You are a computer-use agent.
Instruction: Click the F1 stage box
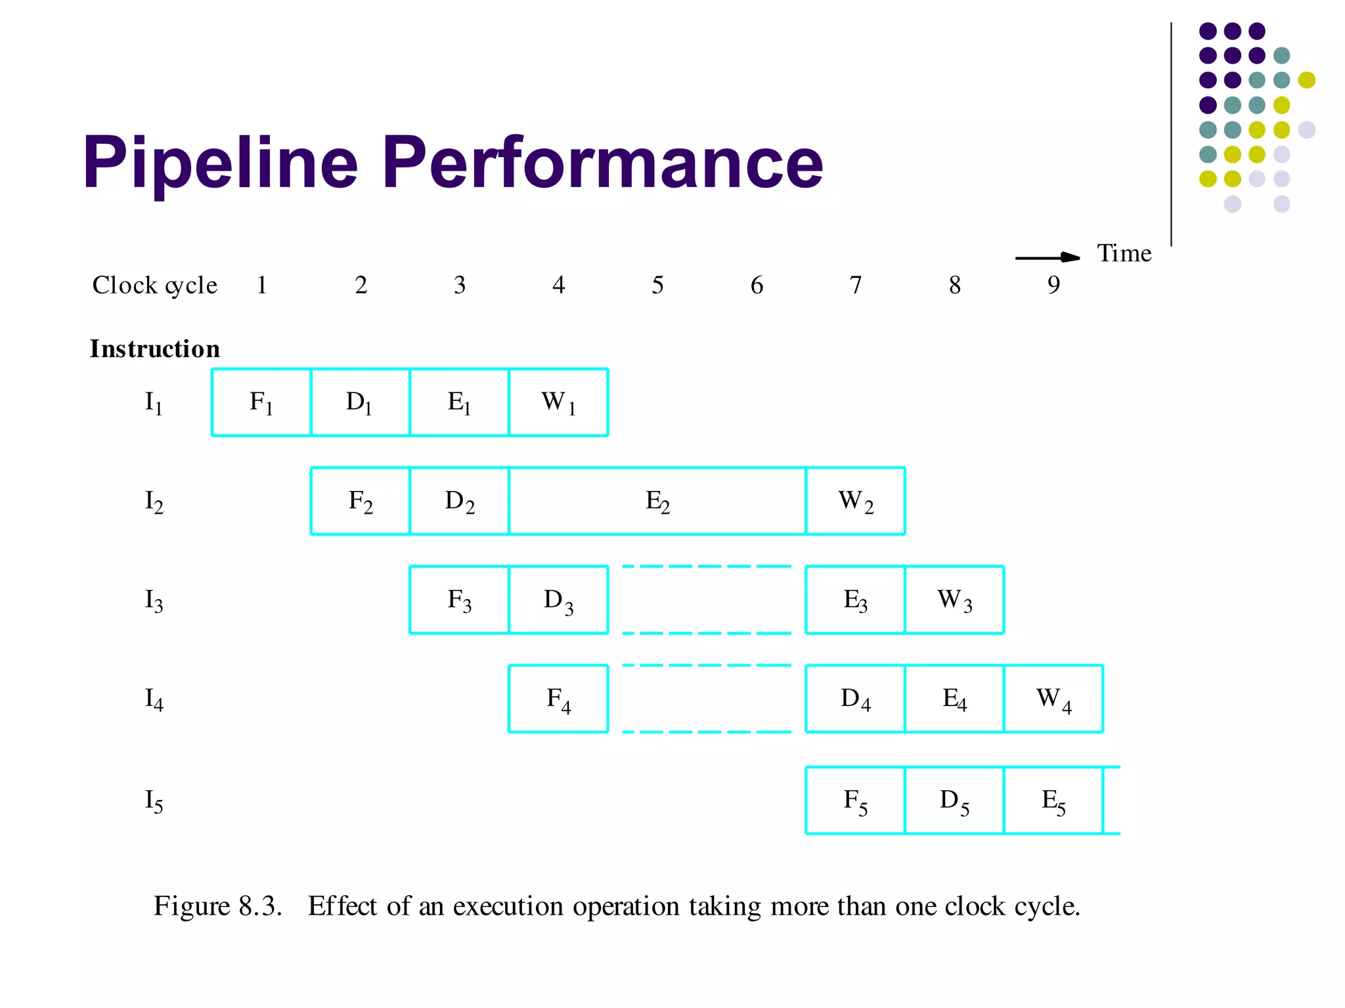(261, 402)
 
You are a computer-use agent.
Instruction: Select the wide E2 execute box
(657, 501)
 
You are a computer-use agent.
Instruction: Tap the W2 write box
(856, 501)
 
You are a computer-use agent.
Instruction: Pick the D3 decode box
(558, 600)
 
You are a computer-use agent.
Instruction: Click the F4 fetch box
(558, 699)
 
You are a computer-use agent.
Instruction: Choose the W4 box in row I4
(1053, 699)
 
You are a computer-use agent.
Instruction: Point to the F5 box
(855, 801)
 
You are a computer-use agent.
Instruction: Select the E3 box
(855, 600)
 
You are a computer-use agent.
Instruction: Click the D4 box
(855, 699)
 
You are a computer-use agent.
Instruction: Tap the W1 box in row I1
(558, 402)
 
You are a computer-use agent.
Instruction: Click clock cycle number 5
(657, 285)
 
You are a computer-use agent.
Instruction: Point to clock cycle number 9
(1053, 285)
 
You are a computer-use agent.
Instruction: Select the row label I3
(154, 600)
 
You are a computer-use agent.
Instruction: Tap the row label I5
(154, 801)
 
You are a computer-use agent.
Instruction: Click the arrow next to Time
(1047, 257)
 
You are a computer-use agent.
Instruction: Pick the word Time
(1124, 253)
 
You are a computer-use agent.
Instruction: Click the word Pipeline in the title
(221, 162)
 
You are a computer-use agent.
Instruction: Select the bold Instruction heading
(155, 348)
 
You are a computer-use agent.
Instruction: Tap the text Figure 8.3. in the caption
(217, 906)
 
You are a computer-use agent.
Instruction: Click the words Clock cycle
(155, 285)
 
